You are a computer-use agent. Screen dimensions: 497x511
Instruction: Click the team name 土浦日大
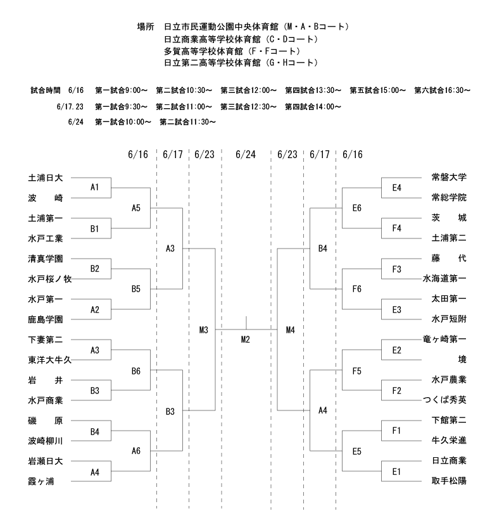coord(46,178)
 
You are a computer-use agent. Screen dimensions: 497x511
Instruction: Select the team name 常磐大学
coord(449,177)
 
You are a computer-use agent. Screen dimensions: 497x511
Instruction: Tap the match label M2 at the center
coord(246,340)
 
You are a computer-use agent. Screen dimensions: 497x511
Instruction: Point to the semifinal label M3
coord(204,330)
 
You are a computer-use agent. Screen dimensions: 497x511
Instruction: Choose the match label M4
coord(291,330)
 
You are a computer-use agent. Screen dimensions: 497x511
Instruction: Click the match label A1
coord(94,187)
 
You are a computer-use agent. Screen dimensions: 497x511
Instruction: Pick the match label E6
coord(357,208)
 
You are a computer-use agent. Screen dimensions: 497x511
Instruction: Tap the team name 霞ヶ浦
coord(41,481)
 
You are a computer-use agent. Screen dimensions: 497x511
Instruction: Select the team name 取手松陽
coord(449,481)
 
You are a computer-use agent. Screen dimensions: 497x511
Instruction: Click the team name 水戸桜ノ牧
coord(50,279)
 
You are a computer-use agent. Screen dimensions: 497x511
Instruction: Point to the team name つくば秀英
coord(445,400)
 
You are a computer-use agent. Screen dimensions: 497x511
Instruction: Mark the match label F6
coord(357,289)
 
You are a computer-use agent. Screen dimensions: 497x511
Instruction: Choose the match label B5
coord(136,289)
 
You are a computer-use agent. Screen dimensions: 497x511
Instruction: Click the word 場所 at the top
coord(146,27)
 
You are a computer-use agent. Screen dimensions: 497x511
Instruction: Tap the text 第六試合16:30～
coord(443,90)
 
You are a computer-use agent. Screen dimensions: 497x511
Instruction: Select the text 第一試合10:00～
coord(123,122)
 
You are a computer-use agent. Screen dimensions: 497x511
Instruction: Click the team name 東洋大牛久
coord(50,360)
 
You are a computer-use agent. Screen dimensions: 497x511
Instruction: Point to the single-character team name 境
coord(462,359)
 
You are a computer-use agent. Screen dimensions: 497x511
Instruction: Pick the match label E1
coord(396,472)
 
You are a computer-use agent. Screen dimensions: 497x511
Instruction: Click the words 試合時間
coord(46,90)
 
